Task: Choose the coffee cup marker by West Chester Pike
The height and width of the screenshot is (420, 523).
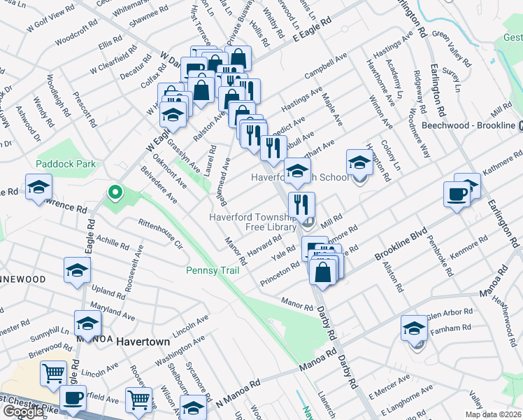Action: click(x=72, y=398)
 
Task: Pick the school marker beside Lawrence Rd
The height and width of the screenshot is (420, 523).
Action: click(x=39, y=187)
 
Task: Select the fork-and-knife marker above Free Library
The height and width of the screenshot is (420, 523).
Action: click(x=302, y=205)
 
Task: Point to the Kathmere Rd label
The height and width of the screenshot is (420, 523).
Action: click(x=499, y=164)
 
